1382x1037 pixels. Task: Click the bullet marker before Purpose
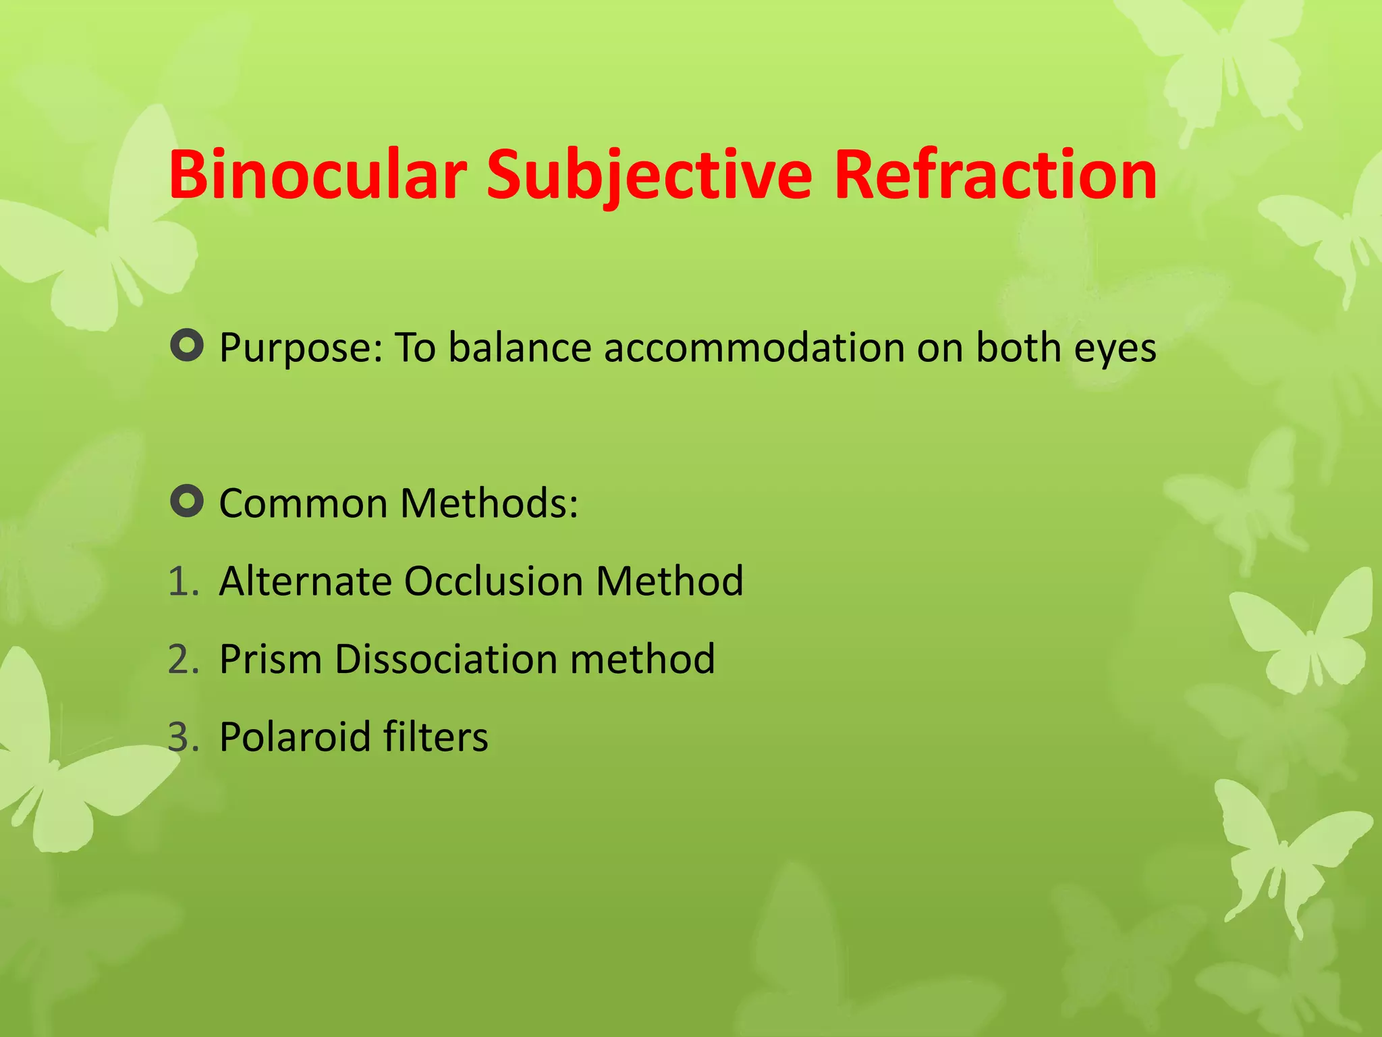coord(187,346)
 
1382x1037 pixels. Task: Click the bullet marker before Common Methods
coord(187,502)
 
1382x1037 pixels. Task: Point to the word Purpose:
coord(301,349)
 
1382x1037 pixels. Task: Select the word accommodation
coord(753,348)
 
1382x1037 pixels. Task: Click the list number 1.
coord(183,581)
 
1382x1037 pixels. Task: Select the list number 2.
coord(183,659)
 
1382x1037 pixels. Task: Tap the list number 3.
coord(183,737)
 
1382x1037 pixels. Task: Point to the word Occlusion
coord(493,581)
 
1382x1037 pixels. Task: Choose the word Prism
coord(270,659)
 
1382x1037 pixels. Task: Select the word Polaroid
coord(294,737)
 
